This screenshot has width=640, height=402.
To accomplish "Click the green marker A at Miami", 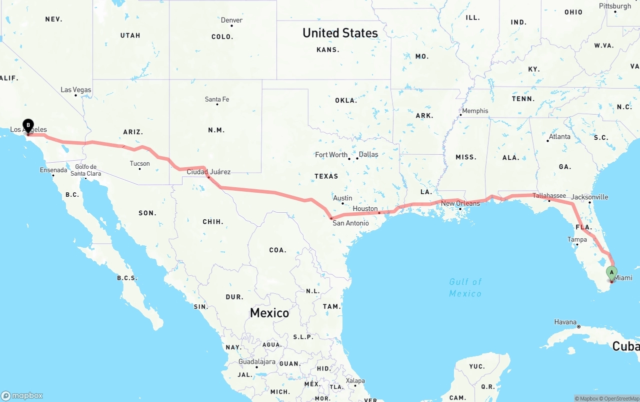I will (x=611, y=273).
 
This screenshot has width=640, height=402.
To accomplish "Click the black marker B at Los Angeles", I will (x=28, y=125).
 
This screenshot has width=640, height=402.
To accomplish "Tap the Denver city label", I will (x=231, y=20).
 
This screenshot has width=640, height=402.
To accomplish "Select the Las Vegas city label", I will (x=76, y=90).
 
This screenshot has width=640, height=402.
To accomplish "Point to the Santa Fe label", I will (x=217, y=99).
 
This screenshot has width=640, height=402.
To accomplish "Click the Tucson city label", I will (x=139, y=163).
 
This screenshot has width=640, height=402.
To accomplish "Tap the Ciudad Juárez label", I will (x=208, y=172).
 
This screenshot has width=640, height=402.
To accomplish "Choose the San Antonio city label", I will (x=350, y=223).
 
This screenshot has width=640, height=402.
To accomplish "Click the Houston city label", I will (x=365, y=208).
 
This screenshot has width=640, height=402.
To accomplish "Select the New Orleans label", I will (x=460, y=203).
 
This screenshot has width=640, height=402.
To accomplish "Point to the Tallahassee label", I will (x=549, y=196).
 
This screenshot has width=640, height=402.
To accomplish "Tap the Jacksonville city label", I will (x=589, y=197).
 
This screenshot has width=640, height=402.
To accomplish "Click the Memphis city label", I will (x=475, y=111).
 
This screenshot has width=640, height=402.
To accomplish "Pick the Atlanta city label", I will (x=559, y=136).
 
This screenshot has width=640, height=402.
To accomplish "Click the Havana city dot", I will (x=578, y=326).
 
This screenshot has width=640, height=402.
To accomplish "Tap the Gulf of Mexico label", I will (x=465, y=287).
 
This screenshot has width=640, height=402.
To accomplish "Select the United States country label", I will (x=340, y=33).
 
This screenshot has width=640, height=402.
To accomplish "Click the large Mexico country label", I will (x=269, y=313).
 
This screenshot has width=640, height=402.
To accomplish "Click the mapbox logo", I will (x=22, y=395).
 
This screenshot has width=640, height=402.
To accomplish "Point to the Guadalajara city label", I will (x=257, y=361).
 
